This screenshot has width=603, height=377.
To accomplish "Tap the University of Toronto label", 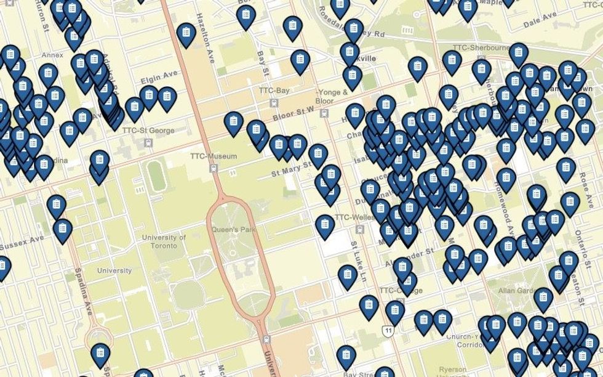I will tap(164, 241).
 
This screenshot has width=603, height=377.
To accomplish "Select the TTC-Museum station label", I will tap(214, 156).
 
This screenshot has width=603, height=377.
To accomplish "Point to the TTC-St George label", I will tap(148, 131).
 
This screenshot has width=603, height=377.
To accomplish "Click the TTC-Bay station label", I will tap(274, 91).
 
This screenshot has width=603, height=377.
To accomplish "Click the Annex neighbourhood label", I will tap(52, 55).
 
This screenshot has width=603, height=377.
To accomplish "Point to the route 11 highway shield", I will tap(388, 332).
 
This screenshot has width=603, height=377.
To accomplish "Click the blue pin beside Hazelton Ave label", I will tap(186, 34).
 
